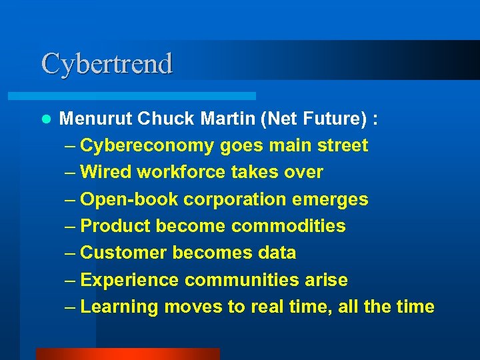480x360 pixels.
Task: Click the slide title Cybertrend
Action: pyautogui.click(x=107, y=63)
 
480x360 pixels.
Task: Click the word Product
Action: pyautogui.click(x=115, y=226)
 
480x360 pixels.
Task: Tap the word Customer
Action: pyautogui.click(x=123, y=253)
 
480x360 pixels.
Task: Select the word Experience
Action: pyautogui.click(x=129, y=280)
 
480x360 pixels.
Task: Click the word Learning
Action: pyautogui.click(x=119, y=307)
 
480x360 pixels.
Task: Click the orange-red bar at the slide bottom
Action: pyautogui.click(x=127, y=354)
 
